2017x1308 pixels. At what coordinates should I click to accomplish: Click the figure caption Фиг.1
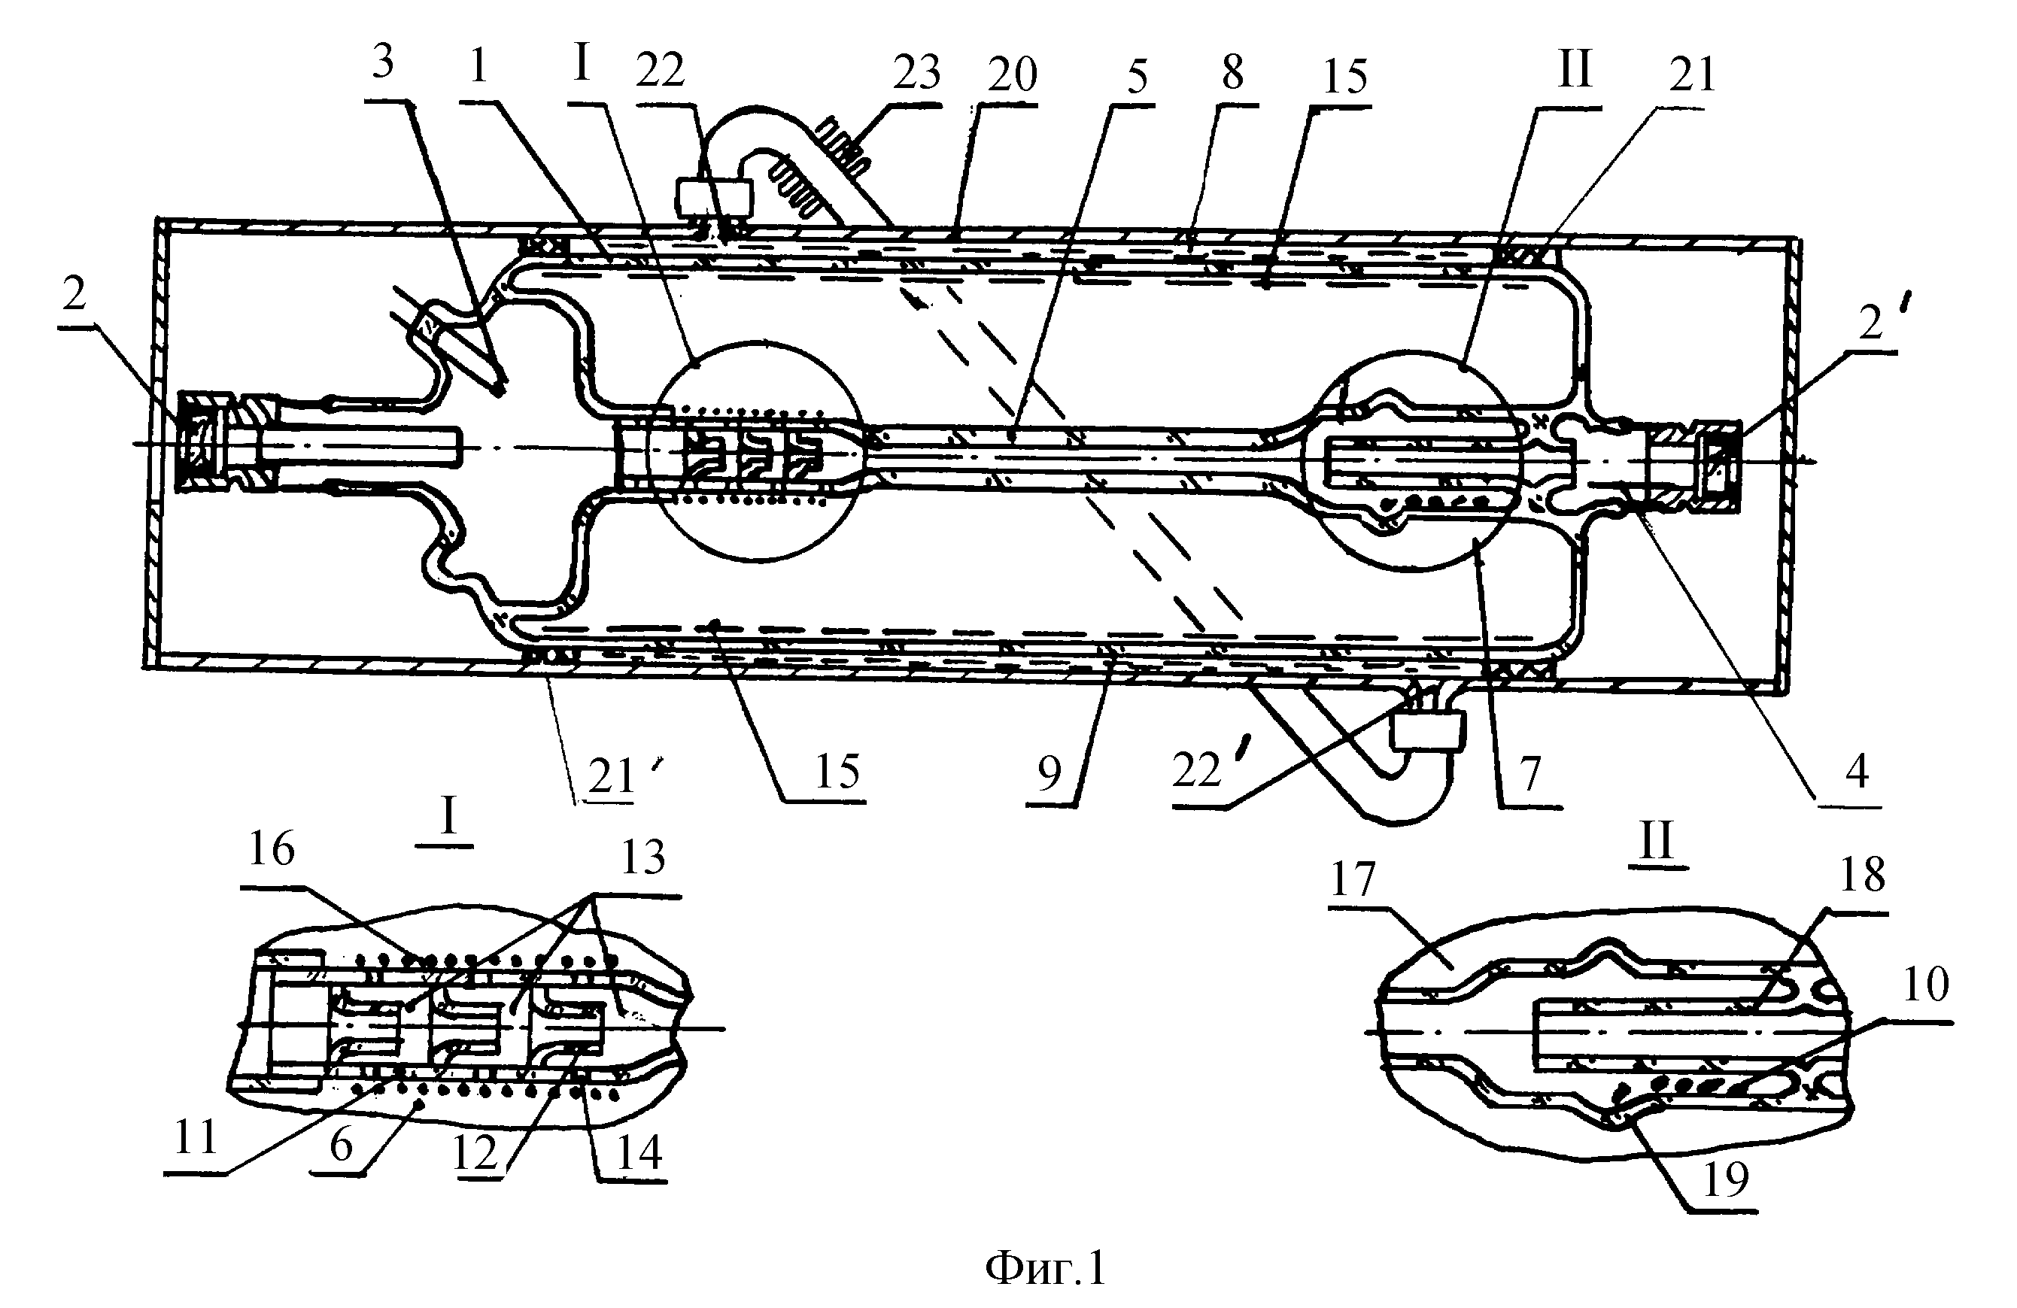(1046, 1268)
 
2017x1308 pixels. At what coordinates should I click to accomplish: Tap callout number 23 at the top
(917, 72)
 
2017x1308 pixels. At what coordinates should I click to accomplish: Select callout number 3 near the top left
(383, 62)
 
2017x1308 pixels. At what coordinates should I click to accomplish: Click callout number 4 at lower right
(1857, 771)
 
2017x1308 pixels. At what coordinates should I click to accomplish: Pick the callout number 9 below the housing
(1050, 772)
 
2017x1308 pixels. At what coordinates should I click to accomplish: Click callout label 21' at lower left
(618, 775)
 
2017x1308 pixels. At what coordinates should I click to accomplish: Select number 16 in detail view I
(271, 849)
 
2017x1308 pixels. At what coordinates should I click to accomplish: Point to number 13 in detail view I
(643, 857)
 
